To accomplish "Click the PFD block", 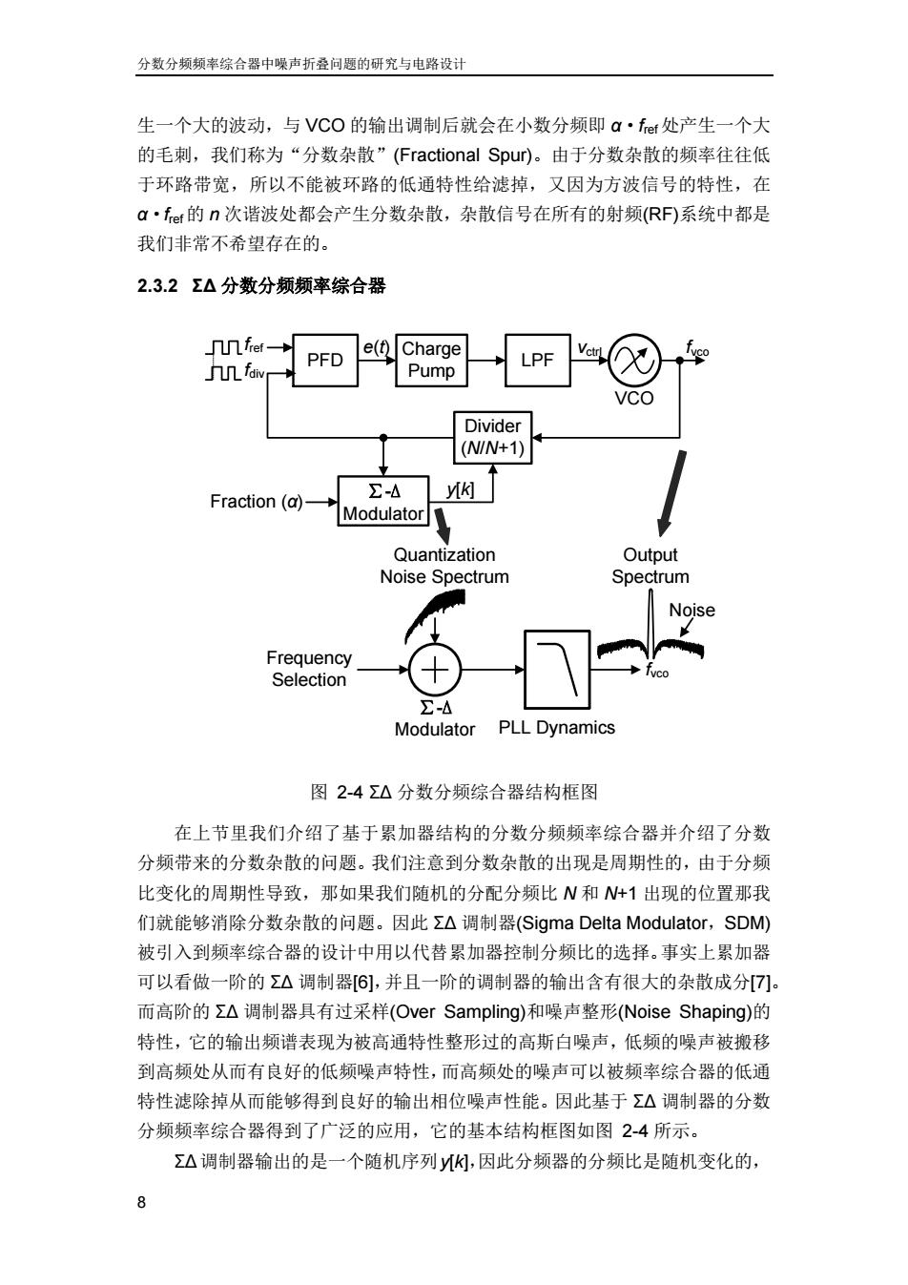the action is (324, 361).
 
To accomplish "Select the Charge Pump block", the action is (431, 361).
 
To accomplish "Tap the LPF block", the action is (538, 361).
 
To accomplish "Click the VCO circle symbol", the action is (634, 361).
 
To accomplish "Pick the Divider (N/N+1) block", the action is (493, 437).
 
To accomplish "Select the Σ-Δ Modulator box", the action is (383, 501).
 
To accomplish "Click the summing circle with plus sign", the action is (435, 670).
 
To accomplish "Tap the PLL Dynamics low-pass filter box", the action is (557, 670).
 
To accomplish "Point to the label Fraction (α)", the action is (257, 502).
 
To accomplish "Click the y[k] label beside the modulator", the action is (461, 489).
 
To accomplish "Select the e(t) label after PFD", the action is (377, 346).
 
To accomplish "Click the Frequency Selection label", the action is (309, 669).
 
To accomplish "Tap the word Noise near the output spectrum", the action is (691, 610).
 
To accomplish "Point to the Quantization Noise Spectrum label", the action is (444, 566).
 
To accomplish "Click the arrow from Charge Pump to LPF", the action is (486, 361).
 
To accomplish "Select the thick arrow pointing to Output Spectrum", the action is (672, 493).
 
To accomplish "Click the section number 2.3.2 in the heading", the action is (157, 285).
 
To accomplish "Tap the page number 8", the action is (142, 1202).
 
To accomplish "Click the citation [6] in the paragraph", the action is (363, 982).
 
